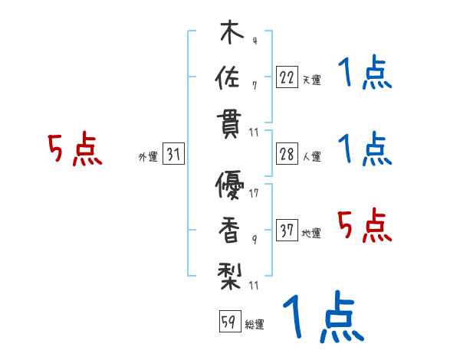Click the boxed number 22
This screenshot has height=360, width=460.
[x=286, y=77]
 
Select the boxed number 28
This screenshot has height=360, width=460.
[x=286, y=154]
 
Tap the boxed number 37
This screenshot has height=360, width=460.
[x=286, y=231]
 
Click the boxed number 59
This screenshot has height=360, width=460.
[x=228, y=322]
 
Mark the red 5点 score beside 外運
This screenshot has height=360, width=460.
[x=74, y=150]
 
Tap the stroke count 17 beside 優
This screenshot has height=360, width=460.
[x=254, y=192]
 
